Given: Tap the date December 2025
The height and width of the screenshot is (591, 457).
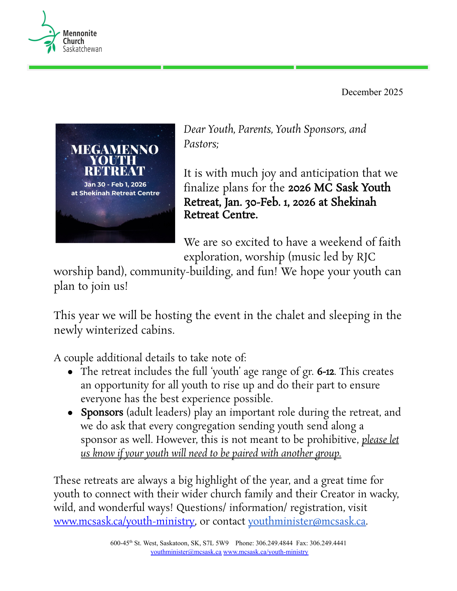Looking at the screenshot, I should [372, 92].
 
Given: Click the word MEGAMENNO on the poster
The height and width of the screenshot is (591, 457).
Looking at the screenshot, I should [115, 150].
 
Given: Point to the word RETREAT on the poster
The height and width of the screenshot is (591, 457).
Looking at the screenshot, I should [115, 171].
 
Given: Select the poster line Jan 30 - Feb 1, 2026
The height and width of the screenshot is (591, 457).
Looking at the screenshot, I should [115, 184].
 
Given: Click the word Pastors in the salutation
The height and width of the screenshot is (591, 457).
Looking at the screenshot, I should [200, 144].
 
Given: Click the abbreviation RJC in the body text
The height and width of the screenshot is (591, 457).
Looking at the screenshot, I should [366, 257].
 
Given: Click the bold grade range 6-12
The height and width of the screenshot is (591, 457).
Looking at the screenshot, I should [326, 372].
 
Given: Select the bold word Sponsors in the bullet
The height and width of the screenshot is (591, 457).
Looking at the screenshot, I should [102, 412].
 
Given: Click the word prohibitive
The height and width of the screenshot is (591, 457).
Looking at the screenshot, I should [332, 440].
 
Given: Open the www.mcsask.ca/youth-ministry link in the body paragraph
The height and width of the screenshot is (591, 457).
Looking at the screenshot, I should [124, 521].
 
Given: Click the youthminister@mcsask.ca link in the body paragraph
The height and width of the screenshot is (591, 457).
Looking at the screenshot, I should [307, 521].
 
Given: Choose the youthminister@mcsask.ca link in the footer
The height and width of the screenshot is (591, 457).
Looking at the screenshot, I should [186, 552].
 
